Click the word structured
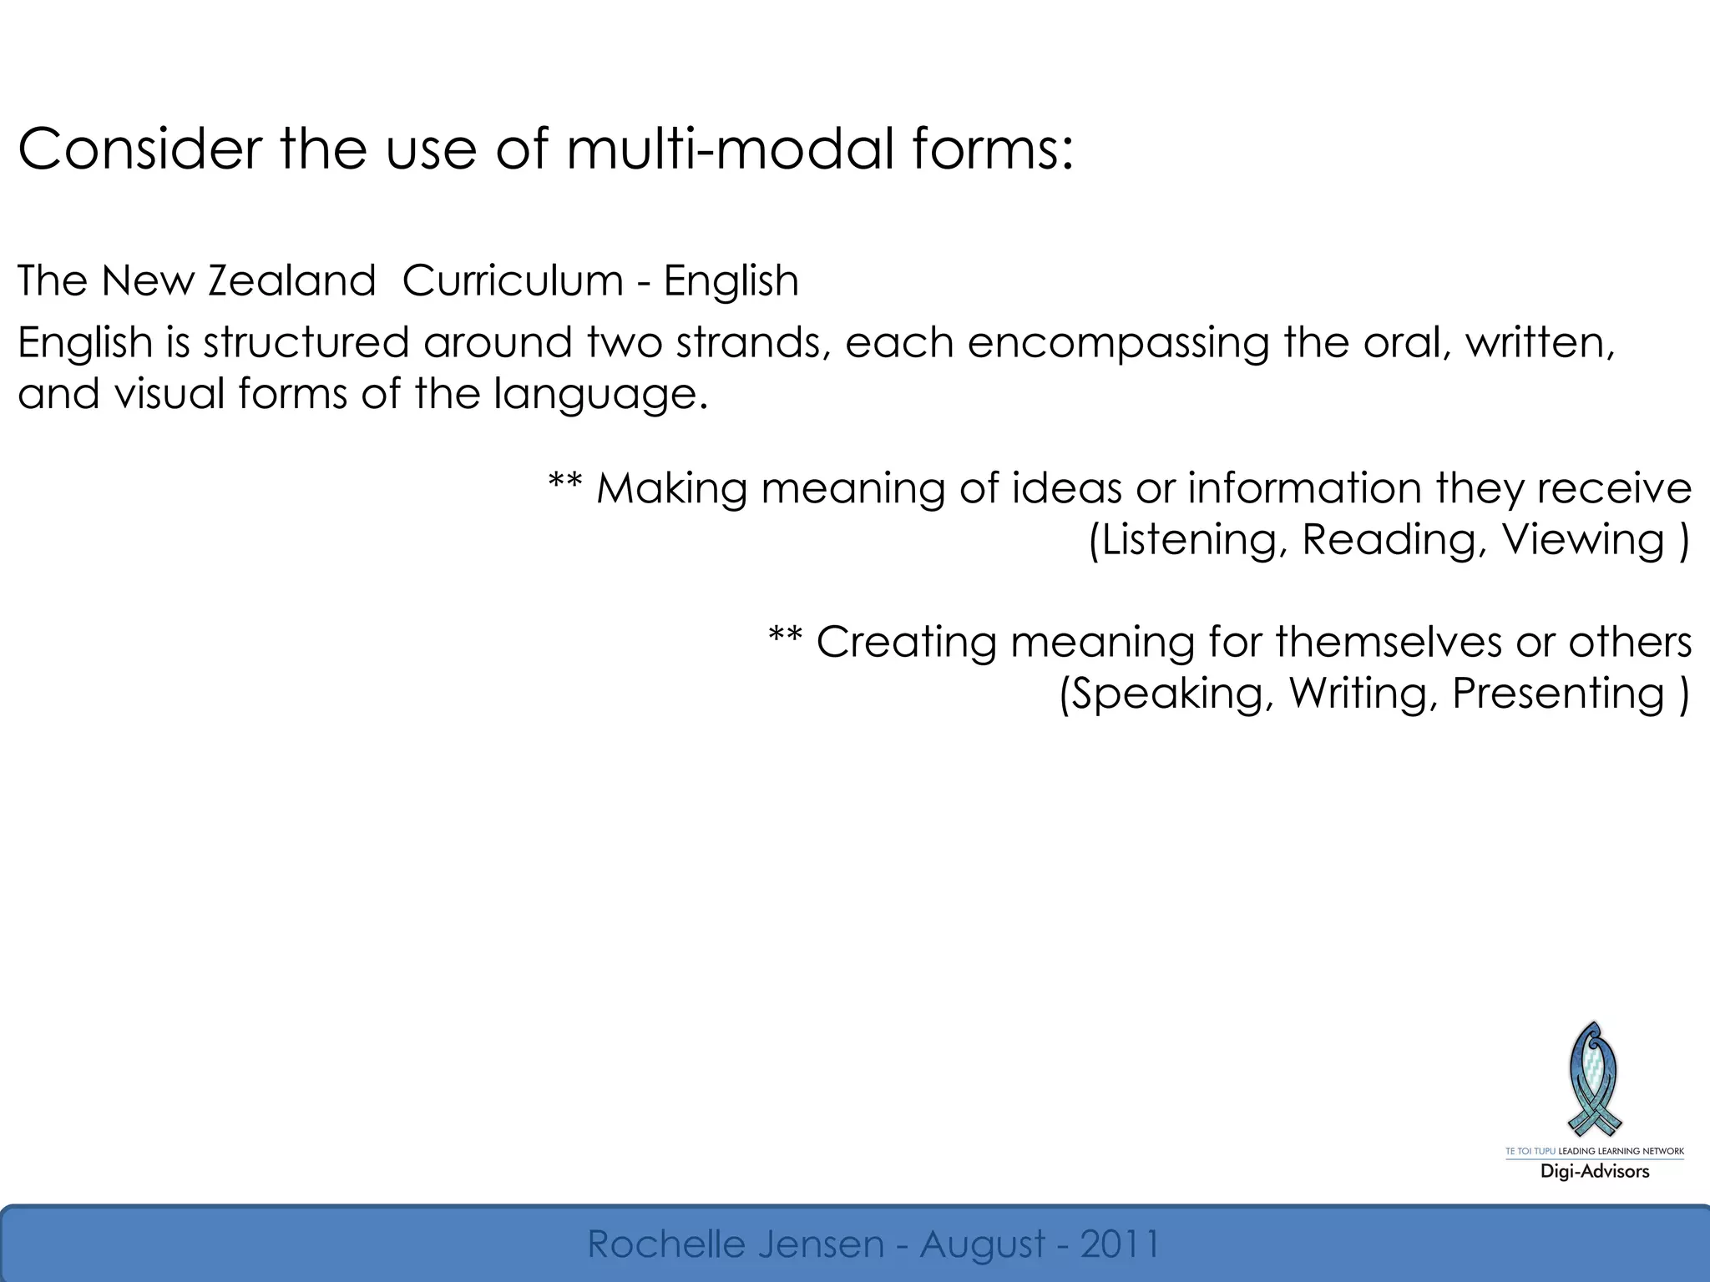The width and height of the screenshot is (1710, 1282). [x=306, y=343]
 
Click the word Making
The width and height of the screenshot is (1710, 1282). [x=671, y=488]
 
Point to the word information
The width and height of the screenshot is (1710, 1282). [x=1303, y=488]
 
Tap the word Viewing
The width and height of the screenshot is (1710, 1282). [x=1583, y=539]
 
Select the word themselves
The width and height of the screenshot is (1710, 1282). [x=1408, y=642]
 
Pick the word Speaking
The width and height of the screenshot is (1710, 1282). [x=1168, y=693]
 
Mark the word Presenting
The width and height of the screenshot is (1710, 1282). [x=1558, y=693]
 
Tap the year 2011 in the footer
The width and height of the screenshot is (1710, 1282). [x=1119, y=1244]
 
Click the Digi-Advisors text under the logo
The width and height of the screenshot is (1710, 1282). [x=1595, y=1171]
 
